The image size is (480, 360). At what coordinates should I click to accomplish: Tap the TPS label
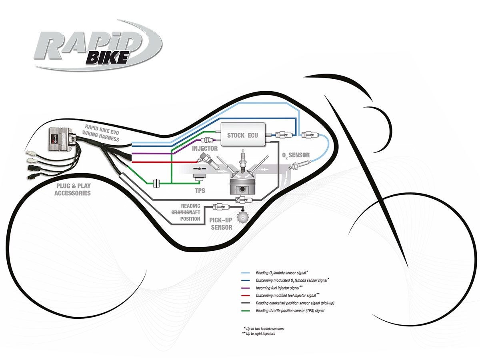(199, 190)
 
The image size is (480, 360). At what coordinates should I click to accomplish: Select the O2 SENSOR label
(296, 155)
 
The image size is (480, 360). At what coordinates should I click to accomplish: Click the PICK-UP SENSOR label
(221, 224)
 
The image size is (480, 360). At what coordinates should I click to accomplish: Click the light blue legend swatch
(246, 273)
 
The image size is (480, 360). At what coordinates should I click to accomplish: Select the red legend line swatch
(246, 296)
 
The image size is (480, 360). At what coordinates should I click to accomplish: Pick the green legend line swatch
(246, 310)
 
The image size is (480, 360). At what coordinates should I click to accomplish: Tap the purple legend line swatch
(246, 288)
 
